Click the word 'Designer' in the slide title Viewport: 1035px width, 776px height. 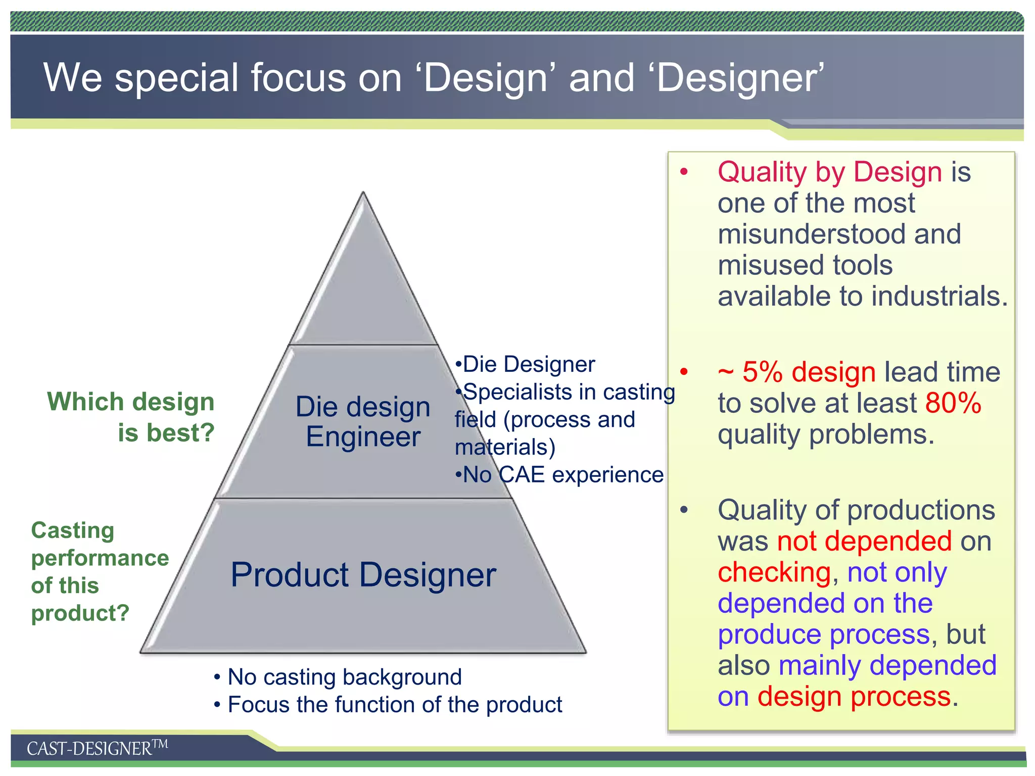click(735, 78)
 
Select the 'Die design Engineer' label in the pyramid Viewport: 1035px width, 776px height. click(363, 422)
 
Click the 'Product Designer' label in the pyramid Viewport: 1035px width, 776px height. click(363, 575)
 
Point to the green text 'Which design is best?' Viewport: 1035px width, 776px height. click(131, 417)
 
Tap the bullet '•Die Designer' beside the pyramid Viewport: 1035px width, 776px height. click(526, 364)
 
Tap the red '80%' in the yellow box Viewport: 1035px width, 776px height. click(953, 403)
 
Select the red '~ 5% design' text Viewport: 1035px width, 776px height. click(796, 372)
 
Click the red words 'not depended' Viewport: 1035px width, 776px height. click(864, 541)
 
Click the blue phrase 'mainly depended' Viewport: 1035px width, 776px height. click(887, 665)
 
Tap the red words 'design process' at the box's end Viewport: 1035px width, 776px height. click(854, 697)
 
